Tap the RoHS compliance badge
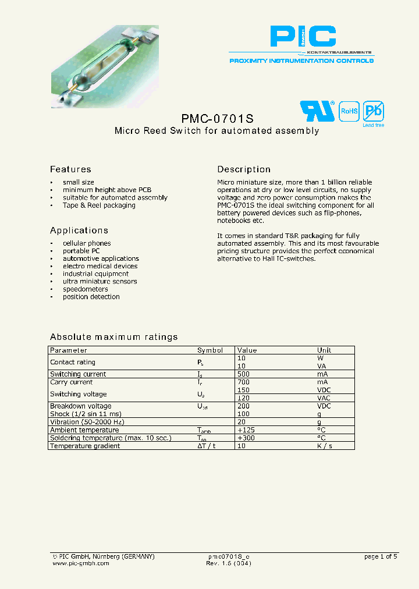(349, 111)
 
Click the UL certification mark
(317, 111)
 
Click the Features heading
(70, 169)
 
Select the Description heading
(244, 169)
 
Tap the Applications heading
(79, 230)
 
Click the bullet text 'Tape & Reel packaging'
(99, 205)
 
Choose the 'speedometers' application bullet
(86, 289)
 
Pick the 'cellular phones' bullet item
(87, 243)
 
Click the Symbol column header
(210, 350)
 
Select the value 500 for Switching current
(244, 374)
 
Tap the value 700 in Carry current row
(244, 382)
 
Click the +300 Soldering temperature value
(246, 438)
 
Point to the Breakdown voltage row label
(80, 406)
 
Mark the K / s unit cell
(325, 446)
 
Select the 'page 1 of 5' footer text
(381, 557)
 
